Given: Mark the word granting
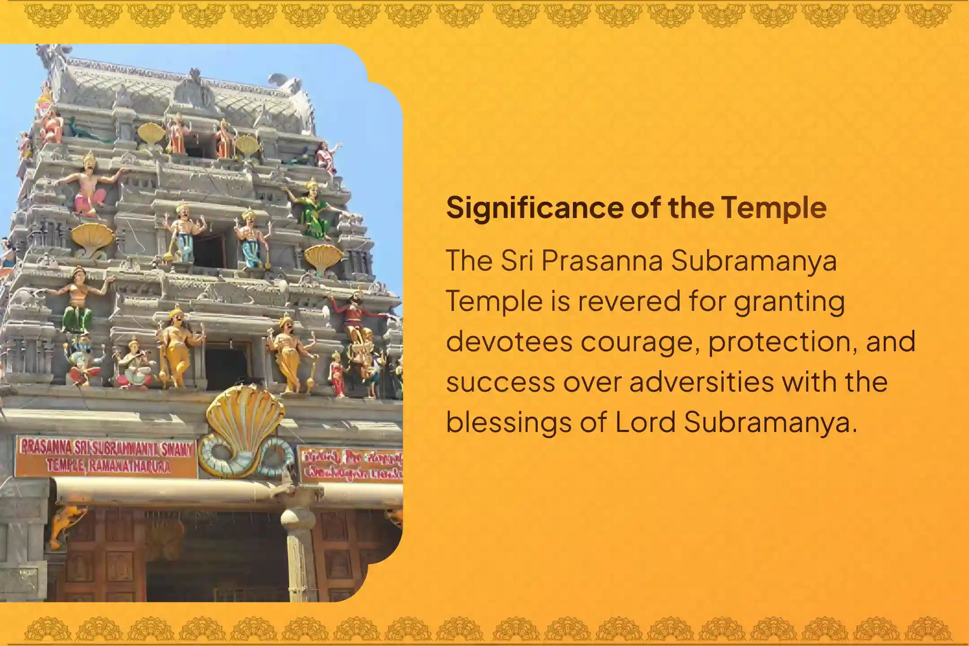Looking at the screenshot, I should coord(789,302).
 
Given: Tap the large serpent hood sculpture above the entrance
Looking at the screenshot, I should coord(244,422).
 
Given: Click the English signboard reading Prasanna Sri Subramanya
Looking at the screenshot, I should coord(107,456).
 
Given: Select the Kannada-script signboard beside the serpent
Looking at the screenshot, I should coord(351,464).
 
